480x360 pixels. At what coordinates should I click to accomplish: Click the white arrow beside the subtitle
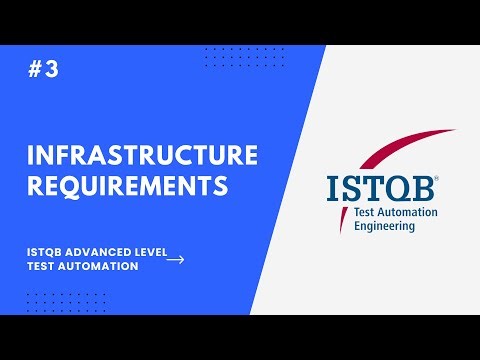tap(175, 259)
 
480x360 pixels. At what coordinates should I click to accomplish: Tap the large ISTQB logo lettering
tap(380, 187)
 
